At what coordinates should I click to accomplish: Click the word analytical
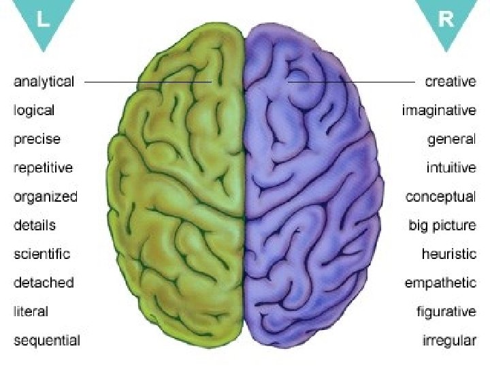(44, 82)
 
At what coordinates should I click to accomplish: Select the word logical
(35, 110)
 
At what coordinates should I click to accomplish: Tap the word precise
(37, 139)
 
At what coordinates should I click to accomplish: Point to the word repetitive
(44, 168)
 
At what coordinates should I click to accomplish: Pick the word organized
(46, 197)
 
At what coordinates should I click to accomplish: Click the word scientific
(42, 254)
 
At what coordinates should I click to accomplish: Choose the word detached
(44, 282)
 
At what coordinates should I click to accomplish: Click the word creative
(451, 82)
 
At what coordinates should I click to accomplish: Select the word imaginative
(439, 110)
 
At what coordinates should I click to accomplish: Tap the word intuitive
(451, 168)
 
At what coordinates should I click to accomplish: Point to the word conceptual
(441, 197)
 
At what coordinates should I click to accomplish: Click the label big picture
(442, 226)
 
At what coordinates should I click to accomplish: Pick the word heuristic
(449, 254)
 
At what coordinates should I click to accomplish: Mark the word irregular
(448, 340)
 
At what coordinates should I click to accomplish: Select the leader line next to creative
(350, 82)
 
